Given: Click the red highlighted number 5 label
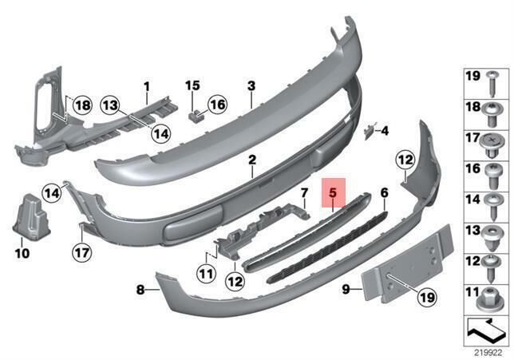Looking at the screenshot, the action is (x=333, y=193).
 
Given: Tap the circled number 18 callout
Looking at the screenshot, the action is (x=82, y=105).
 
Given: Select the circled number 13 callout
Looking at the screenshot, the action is (x=110, y=105).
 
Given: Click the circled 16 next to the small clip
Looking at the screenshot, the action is (x=217, y=105).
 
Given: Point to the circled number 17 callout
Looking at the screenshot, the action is (x=82, y=253).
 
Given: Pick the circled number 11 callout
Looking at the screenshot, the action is (x=207, y=274).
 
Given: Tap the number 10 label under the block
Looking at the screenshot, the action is (x=22, y=253).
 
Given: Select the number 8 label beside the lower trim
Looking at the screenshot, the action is (x=140, y=290).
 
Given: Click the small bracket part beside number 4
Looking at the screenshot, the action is (x=369, y=132).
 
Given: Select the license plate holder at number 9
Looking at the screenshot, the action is (x=408, y=263).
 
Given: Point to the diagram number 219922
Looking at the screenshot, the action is (x=488, y=353).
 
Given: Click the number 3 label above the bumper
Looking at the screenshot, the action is (x=251, y=86).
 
